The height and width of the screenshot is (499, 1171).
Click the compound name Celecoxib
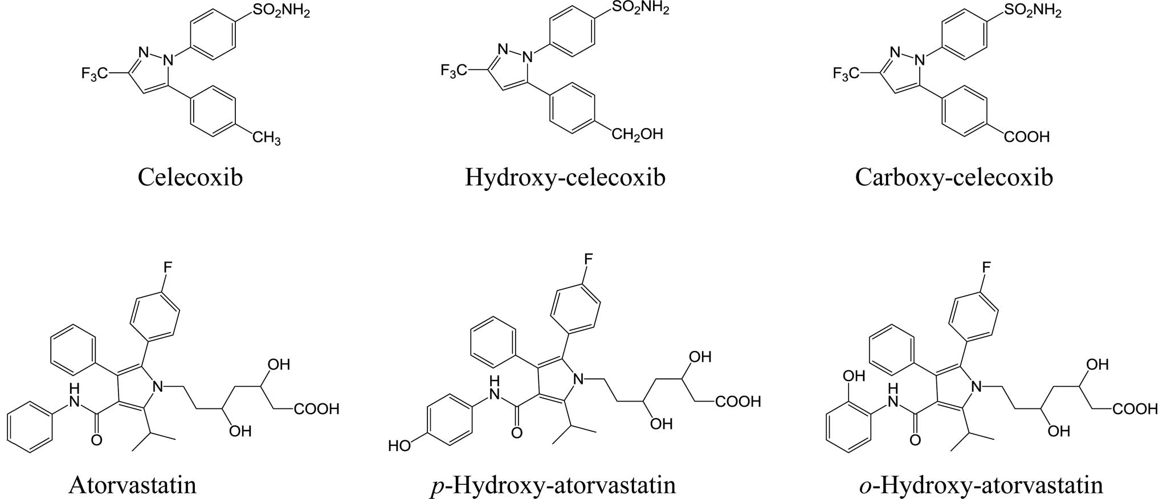pyautogui.click(x=190, y=177)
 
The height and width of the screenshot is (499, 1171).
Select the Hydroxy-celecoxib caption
pyautogui.click(x=565, y=177)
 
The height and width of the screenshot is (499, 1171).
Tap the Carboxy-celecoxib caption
pyautogui.click(x=954, y=177)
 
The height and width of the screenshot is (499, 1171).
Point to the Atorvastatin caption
pyautogui.click(x=132, y=485)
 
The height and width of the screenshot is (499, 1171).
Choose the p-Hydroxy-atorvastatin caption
pyautogui.click(x=553, y=485)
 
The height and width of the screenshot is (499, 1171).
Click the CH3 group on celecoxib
pyautogui.click(x=266, y=137)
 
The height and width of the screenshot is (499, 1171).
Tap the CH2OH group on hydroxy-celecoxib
pyautogui.click(x=637, y=134)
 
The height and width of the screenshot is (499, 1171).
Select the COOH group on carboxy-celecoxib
pyautogui.click(x=1026, y=137)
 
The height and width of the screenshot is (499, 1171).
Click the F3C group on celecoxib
pyautogui.click(x=95, y=73)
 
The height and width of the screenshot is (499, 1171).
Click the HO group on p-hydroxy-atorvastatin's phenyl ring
pyautogui.click(x=399, y=445)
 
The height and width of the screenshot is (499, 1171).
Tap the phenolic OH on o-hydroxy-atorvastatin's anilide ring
pyautogui.click(x=852, y=377)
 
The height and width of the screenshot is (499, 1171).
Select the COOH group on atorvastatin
pyautogui.click(x=316, y=409)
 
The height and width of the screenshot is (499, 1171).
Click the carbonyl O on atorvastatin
pyautogui.click(x=97, y=440)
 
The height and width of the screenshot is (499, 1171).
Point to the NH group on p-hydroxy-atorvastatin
pyautogui.click(x=494, y=387)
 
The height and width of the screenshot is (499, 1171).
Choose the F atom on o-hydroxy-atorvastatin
pyautogui.click(x=986, y=267)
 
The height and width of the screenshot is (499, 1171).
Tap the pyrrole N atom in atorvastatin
pyautogui.click(x=158, y=387)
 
